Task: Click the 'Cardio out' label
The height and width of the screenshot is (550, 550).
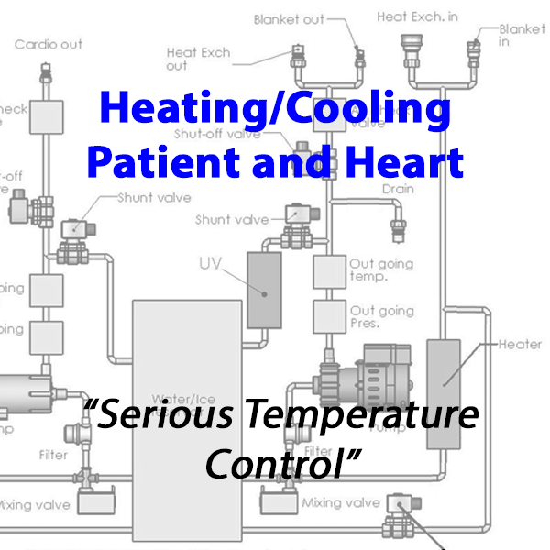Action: tap(48, 44)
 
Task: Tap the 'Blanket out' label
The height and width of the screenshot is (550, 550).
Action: tap(289, 19)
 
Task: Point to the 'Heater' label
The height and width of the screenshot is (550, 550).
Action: tap(520, 345)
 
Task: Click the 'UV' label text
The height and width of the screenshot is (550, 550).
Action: tap(211, 264)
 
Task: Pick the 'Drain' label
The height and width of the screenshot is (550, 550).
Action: tap(398, 190)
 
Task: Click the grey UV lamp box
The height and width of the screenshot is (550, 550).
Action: tap(265, 290)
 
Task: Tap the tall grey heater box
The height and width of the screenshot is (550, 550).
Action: tap(443, 393)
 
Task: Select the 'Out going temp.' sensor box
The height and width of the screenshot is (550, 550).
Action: tap(329, 270)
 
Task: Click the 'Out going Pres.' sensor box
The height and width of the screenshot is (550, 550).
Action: tap(329, 316)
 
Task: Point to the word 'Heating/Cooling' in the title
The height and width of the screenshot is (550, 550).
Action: tap(274, 111)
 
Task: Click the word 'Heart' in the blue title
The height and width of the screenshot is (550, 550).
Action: tap(411, 162)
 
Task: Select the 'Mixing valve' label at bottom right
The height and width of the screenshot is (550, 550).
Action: tap(342, 502)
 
